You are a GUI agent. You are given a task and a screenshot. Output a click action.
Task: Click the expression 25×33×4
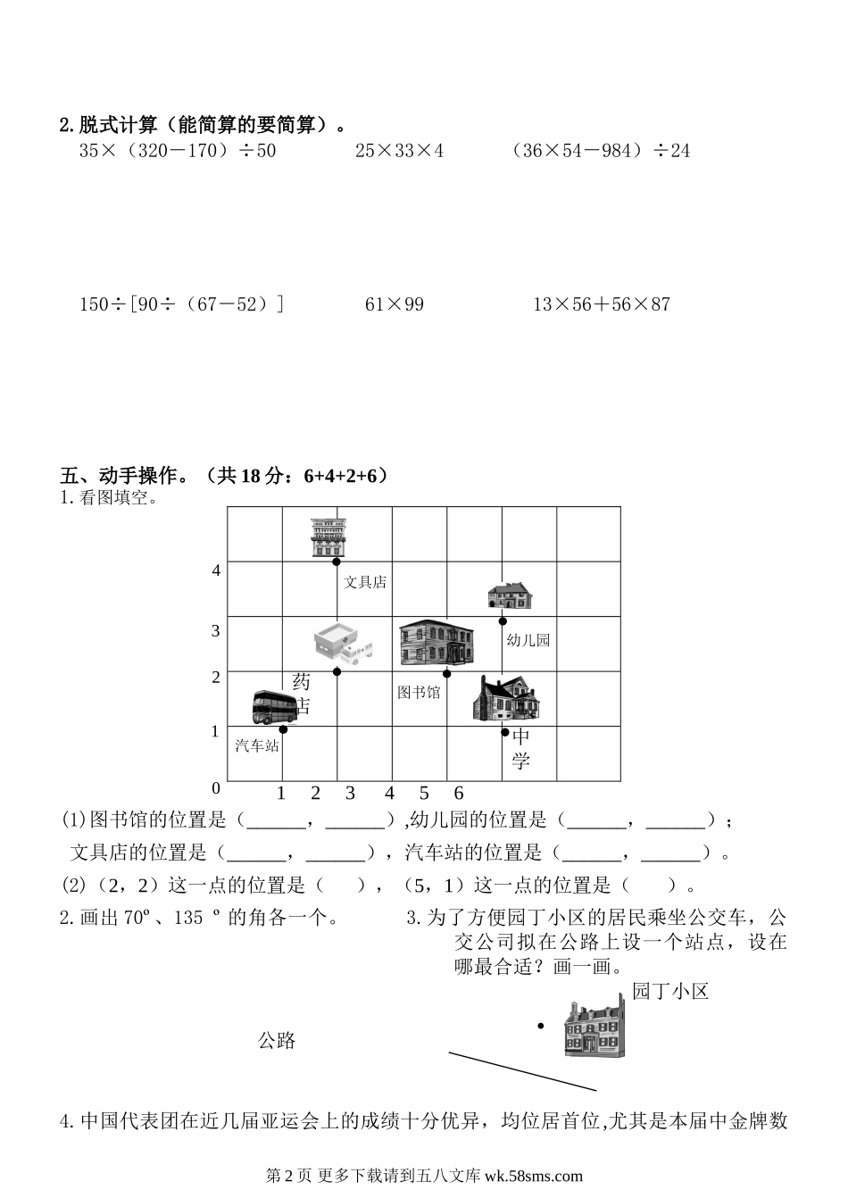click(399, 151)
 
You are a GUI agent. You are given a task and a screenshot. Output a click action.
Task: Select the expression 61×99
click(395, 304)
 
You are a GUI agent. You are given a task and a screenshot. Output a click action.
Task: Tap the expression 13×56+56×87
click(601, 304)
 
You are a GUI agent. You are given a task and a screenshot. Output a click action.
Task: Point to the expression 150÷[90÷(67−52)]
click(182, 304)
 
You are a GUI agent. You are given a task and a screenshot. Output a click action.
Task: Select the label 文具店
click(365, 582)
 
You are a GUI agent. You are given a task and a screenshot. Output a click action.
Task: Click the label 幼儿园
click(528, 640)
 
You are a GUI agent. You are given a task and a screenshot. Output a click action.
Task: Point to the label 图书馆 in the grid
click(419, 692)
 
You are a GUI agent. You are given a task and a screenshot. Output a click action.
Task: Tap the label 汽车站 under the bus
click(257, 745)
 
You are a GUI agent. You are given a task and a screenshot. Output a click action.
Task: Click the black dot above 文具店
click(337, 562)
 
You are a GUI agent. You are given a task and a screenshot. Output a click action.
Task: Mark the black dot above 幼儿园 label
click(503, 621)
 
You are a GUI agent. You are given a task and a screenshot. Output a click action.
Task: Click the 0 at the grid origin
click(215, 788)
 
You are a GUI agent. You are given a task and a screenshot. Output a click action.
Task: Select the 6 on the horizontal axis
click(459, 793)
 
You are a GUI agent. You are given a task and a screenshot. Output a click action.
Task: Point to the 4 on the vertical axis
click(216, 570)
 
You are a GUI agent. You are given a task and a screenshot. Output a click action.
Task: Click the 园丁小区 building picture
click(593, 1028)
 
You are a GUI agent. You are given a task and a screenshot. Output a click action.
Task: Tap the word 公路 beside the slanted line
click(277, 1040)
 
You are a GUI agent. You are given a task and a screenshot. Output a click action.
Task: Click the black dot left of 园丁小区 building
click(540, 1026)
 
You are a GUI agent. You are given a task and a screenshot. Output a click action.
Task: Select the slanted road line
click(522, 1071)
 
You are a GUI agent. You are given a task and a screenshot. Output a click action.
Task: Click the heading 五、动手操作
click(123, 476)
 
